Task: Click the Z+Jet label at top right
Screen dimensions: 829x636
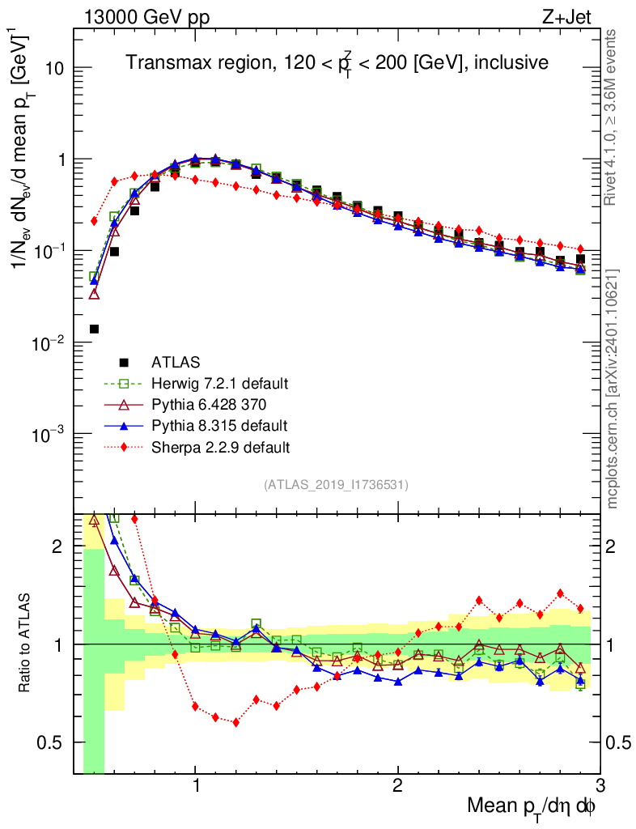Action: coord(572,15)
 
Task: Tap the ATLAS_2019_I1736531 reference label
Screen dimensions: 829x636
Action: coord(336,485)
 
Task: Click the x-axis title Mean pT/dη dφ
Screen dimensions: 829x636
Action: coord(532,806)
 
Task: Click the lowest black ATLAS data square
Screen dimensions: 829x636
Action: coord(94,329)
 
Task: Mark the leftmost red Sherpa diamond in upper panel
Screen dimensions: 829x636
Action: coord(94,220)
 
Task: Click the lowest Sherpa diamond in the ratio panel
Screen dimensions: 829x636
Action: coord(235,722)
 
